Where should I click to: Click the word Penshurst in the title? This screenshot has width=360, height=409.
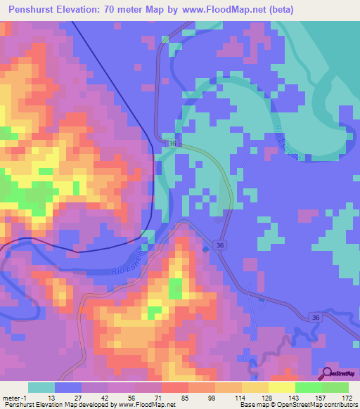point(36,9)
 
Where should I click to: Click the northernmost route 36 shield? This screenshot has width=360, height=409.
point(172,143)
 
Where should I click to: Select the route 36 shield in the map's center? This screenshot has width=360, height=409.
point(220,245)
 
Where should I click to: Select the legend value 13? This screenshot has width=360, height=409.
point(51,397)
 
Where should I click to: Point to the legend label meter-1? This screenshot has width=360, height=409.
point(15,397)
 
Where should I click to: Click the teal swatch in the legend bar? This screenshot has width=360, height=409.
point(41,387)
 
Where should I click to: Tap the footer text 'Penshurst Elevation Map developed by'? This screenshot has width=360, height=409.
point(58,405)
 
